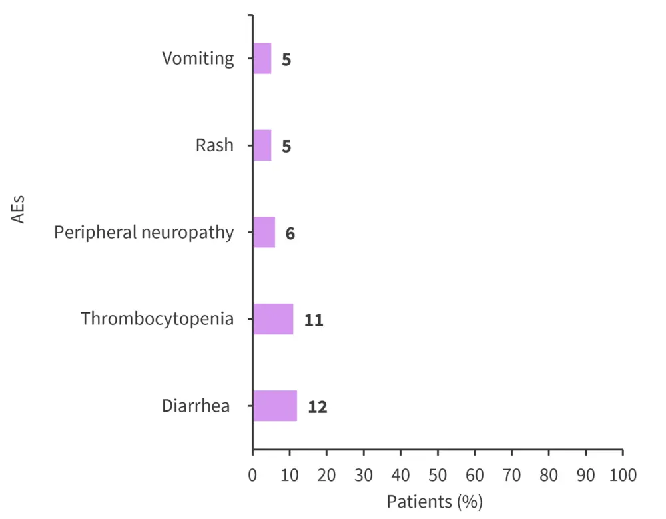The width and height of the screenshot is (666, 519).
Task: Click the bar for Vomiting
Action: tap(262, 59)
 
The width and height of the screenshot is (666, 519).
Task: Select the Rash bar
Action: tap(262, 145)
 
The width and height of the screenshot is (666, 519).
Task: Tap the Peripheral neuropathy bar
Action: tap(264, 233)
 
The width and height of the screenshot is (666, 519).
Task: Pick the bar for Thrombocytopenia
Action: tap(273, 319)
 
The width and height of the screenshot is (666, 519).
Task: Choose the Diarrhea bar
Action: tap(274, 406)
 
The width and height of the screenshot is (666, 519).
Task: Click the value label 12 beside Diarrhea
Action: tap(318, 406)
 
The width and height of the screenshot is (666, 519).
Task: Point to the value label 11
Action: tap(314, 320)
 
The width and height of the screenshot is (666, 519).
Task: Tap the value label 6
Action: tap(290, 233)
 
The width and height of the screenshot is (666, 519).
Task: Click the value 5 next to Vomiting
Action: tap(286, 59)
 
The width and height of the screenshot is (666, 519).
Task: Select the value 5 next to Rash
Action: tap(286, 146)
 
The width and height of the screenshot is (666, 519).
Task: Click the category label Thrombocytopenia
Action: tap(157, 319)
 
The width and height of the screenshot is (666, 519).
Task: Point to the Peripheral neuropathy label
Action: tap(144, 233)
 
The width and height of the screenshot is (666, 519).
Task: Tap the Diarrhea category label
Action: tap(196, 406)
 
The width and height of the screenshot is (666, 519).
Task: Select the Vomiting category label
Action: tap(198, 59)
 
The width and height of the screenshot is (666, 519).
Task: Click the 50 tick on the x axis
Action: tap(438, 476)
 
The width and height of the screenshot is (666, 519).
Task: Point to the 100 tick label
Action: tap(623, 476)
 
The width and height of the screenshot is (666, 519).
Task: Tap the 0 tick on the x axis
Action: tap(252, 476)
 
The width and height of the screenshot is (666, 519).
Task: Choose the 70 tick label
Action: tap(511, 476)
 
